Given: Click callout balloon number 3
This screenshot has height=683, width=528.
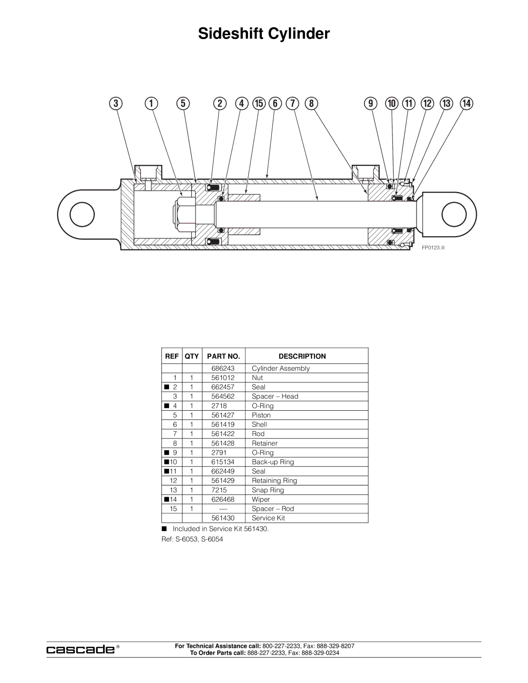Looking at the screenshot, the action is [116, 104].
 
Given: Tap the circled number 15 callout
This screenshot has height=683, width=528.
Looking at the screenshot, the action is [259, 104].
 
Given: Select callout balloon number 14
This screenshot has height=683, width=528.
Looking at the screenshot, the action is [466, 104].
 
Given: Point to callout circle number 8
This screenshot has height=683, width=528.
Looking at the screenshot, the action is [311, 104].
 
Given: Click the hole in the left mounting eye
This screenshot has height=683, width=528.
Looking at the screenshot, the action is [82, 214].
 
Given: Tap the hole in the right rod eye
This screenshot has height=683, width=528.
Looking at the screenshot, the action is [454, 214].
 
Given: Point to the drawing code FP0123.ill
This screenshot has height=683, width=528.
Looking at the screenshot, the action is [433, 248].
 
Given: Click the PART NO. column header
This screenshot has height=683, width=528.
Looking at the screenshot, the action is [223, 356].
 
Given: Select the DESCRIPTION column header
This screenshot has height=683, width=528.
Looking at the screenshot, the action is [302, 356].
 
